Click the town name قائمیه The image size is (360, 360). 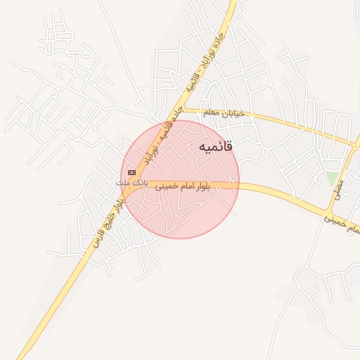click(x=215, y=147)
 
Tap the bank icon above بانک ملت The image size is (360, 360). click(x=131, y=172)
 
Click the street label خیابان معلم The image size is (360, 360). click(x=223, y=112)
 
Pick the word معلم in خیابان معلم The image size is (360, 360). click(x=211, y=112)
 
